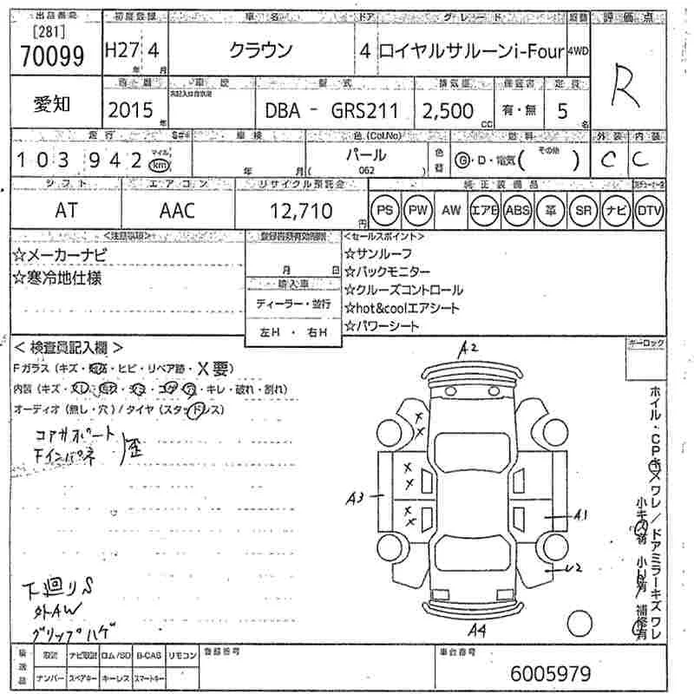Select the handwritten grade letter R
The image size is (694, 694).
pyautogui.click(x=638, y=88)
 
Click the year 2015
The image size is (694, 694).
pyautogui.click(x=130, y=110)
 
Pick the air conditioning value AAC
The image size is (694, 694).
pyautogui.click(x=178, y=210)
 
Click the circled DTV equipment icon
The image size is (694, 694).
pyautogui.click(x=648, y=210)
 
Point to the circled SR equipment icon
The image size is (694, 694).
pyautogui.click(x=582, y=210)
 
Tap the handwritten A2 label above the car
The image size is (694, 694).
pyautogui.click(x=469, y=349)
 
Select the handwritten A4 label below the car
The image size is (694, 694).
pyautogui.click(x=475, y=629)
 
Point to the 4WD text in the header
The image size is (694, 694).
pyautogui.click(x=578, y=50)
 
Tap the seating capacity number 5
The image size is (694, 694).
pyautogui.click(x=562, y=110)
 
